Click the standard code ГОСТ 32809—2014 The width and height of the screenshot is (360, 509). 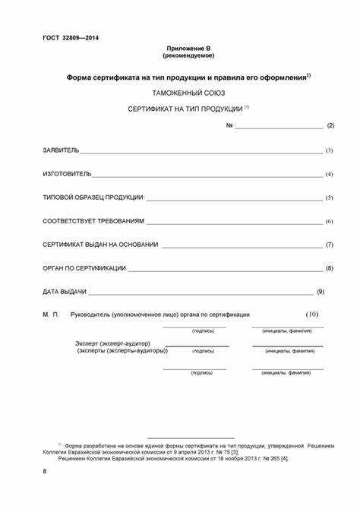[71, 38]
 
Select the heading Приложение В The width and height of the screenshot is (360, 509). [188, 48]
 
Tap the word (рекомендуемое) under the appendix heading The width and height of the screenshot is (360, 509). [188, 55]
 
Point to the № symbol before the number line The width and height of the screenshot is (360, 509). [229, 125]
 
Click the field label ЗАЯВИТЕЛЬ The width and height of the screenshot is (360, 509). [61, 150]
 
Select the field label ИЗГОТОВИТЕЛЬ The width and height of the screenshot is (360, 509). [67, 174]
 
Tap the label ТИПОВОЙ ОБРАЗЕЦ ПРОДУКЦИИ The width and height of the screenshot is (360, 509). [93, 198]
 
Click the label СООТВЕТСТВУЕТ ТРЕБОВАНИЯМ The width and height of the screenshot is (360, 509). [93, 221]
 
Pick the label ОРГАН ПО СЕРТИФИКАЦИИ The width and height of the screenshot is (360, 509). [84, 268]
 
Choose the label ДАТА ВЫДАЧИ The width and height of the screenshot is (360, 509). [65, 292]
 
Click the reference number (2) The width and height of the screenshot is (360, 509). [330, 125]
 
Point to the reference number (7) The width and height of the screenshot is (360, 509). [330, 245]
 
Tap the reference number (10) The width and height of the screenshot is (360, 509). [312, 315]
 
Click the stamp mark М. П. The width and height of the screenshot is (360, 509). [51, 315]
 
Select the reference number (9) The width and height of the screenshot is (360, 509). [320, 292]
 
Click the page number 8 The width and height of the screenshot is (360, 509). [45, 473]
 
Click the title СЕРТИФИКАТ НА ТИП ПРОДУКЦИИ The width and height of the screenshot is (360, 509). [185, 109]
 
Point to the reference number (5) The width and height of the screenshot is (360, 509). [330, 198]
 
